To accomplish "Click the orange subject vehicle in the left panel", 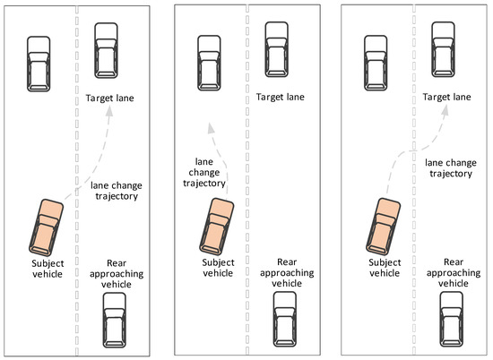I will click(47, 227).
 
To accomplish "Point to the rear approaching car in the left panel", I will click(116, 319).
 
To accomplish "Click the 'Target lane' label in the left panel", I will click(110, 98).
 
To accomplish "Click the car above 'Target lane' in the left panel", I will click(106, 52).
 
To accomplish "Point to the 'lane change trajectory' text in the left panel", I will click(115, 191).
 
